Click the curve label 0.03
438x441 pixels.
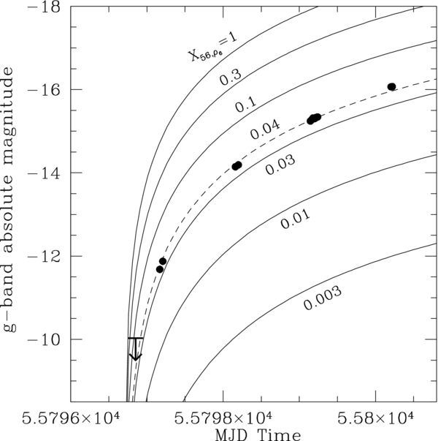coord(280,166)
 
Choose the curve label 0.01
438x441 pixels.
coord(296,219)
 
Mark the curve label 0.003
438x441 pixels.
coord(322,299)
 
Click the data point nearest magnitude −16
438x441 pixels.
coord(391,86)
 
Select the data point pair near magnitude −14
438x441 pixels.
coord(237,166)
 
